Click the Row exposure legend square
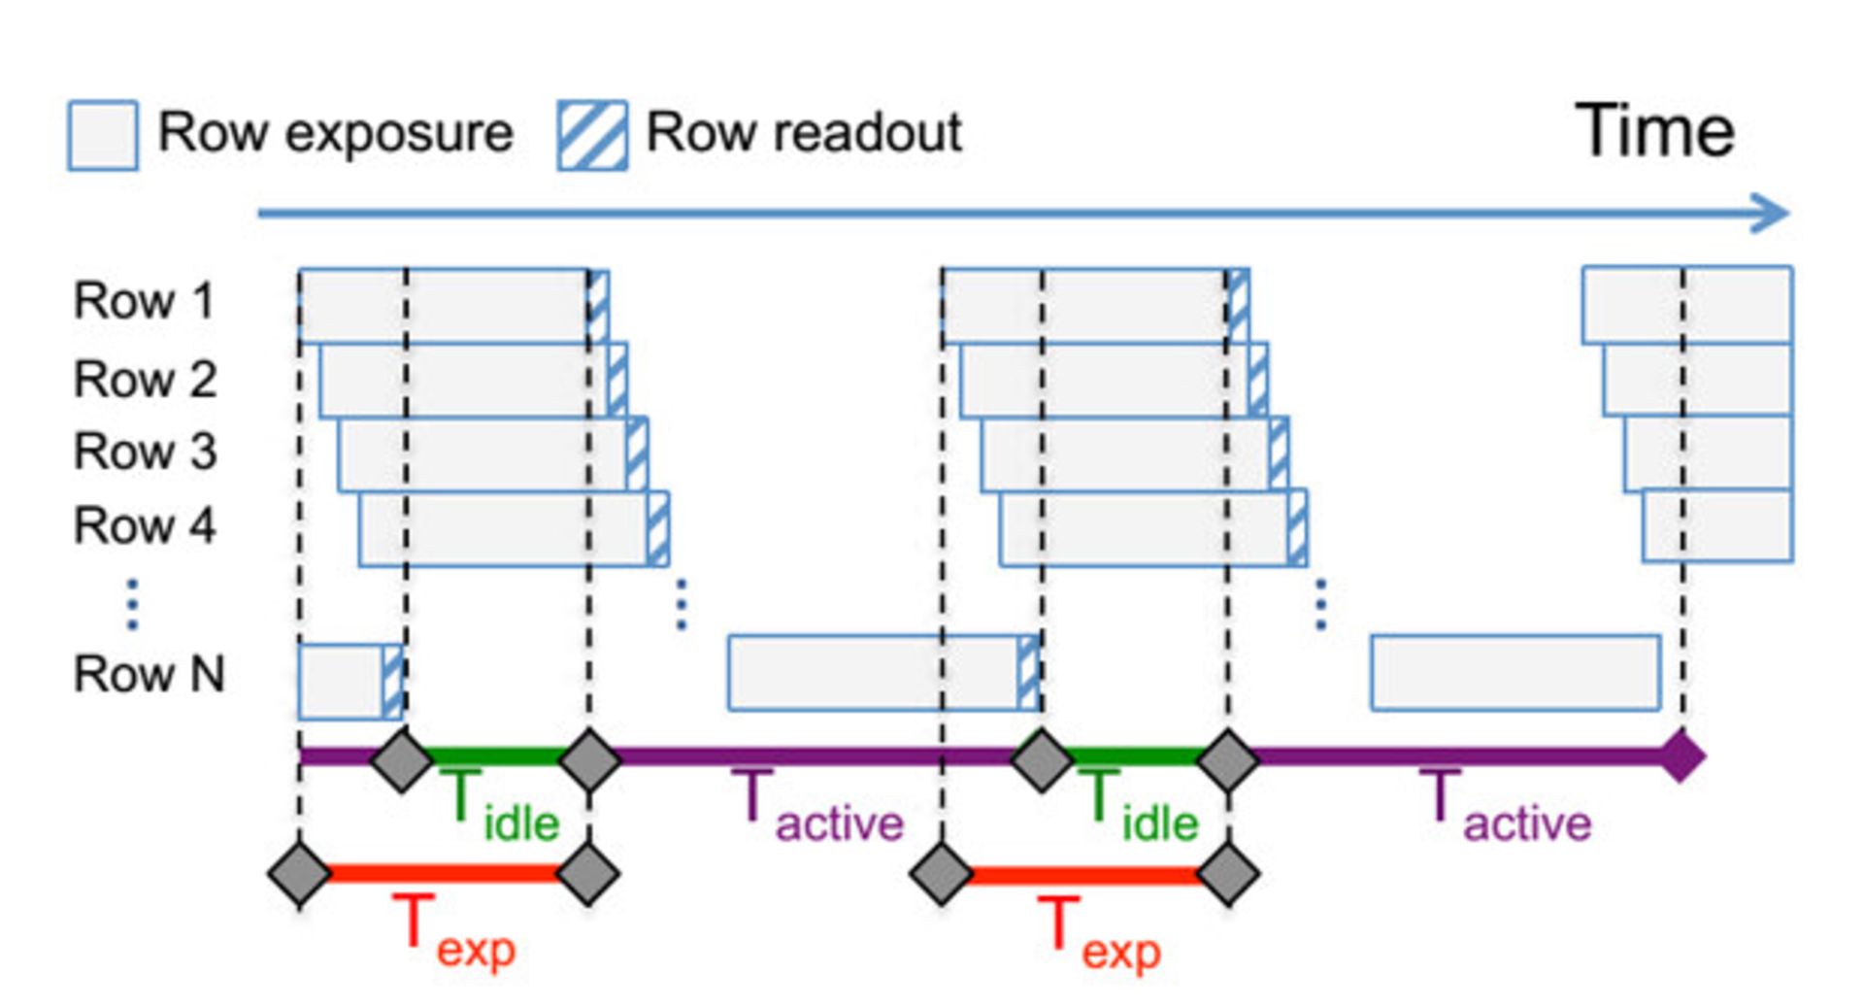pyautogui.click(x=102, y=135)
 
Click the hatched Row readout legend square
pyautogui.click(x=592, y=135)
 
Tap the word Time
pyautogui.click(x=1653, y=131)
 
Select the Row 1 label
pyautogui.click(x=144, y=300)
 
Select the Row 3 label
pyautogui.click(x=145, y=452)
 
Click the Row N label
pyautogui.click(x=149, y=673)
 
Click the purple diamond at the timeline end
pyautogui.click(x=1681, y=756)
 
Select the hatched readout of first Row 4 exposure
pyautogui.click(x=658, y=529)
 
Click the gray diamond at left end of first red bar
pyautogui.click(x=299, y=874)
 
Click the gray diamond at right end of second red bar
pyautogui.click(x=1228, y=874)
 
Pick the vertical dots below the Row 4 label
pyautogui.click(x=133, y=604)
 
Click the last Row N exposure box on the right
pyautogui.click(x=1514, y=673)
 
